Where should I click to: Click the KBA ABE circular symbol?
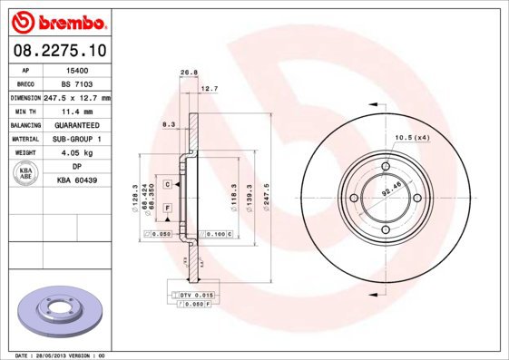point(25,174)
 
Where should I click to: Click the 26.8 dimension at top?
point(189,73)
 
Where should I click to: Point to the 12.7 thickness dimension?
point(209,88)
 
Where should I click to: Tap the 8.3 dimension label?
point(168,122)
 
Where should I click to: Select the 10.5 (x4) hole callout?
point(411,138)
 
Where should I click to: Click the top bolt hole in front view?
point(385,166)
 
